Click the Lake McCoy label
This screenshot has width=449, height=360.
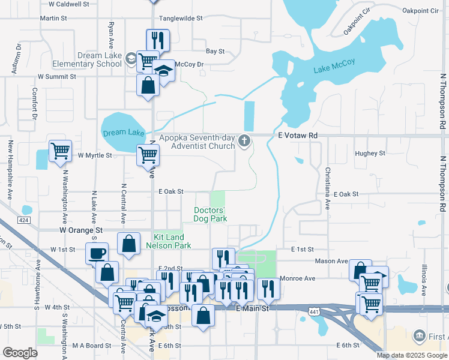(x=334, y=66)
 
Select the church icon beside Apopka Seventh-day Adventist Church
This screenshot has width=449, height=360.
(x=244, y=142)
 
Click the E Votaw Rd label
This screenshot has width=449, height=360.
(x=298, y=136)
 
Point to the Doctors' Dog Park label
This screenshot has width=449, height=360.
(x=209, y=214)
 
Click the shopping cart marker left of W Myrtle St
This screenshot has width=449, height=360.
(x=60, y=152)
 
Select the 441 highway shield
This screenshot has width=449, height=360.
(x=314, y=311)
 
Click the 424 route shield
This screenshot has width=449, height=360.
(x=23, y=220)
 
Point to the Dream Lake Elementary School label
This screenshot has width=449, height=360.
(x=95, y=60)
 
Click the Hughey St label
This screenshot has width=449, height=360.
(x=370, y=154)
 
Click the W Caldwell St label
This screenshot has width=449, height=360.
(x=68, y=4)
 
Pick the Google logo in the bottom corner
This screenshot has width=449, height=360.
(x=20, y=352)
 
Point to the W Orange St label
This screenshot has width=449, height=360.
(x=81, y=230)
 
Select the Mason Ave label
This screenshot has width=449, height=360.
(x=332, y=261)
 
